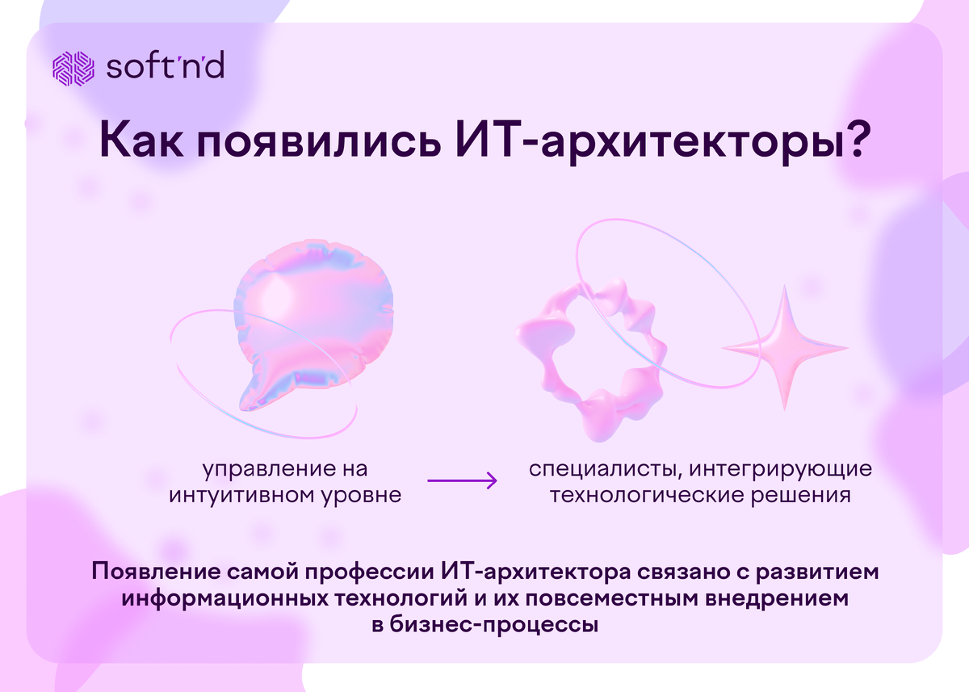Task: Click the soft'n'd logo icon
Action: (x=73, y=68)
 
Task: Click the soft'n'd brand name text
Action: (x=165, y=68)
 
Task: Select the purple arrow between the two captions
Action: (x=461, y=481)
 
